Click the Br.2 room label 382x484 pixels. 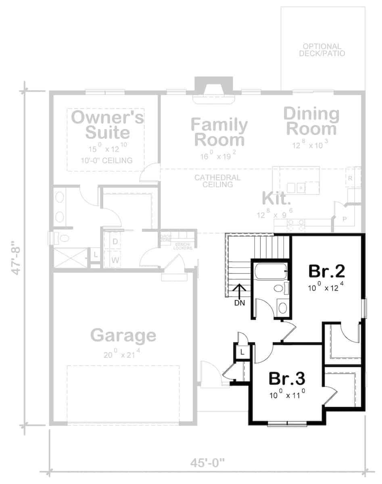327,271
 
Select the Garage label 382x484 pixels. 123,335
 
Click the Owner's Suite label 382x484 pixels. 107,125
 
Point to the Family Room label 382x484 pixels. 219,133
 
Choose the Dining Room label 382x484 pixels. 311,121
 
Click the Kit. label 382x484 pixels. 276,198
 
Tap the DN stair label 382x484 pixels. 240,302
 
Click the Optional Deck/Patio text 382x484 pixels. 322,50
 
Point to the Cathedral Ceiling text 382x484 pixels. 217,181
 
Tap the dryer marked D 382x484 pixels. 115,242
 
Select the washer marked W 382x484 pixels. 115,260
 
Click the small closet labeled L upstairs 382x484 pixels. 242,352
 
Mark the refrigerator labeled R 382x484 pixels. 350,178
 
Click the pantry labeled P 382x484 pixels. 344,219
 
